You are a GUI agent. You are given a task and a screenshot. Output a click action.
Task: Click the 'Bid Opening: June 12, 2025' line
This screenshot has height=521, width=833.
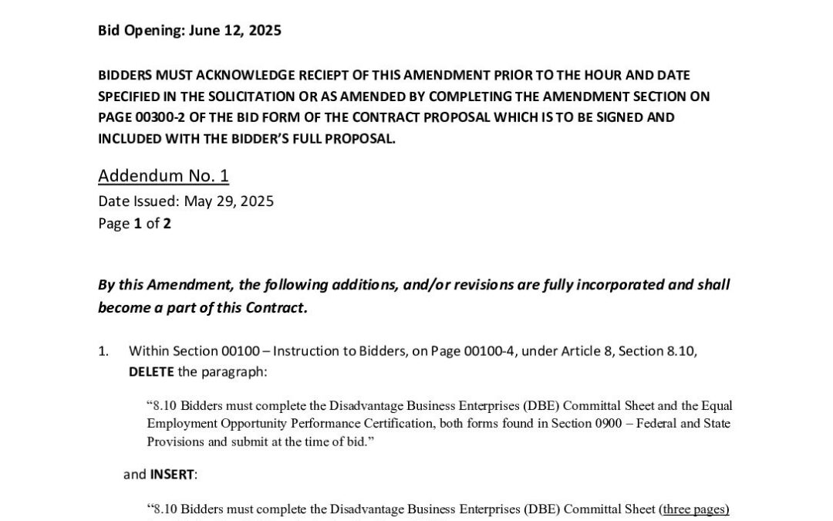coord(189,31)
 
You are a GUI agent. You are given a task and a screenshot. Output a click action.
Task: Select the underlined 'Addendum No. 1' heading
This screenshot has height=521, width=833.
coord(164,176)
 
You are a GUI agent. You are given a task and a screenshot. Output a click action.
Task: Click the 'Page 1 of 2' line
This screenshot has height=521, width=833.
coord(134,224)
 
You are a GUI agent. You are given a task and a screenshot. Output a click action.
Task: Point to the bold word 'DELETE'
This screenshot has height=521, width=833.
coord(151,371)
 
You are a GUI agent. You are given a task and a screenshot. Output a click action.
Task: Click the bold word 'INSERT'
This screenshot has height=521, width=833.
coord(173,474)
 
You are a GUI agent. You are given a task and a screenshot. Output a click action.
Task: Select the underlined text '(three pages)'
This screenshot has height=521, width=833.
coord(694,509)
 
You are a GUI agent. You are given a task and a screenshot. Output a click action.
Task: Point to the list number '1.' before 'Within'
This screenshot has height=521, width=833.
coord(103,351)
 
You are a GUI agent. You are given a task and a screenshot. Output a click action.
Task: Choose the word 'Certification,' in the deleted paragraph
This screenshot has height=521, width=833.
coord(406,423)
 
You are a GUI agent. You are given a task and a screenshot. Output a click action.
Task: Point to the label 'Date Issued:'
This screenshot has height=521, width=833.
coord(138,201)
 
